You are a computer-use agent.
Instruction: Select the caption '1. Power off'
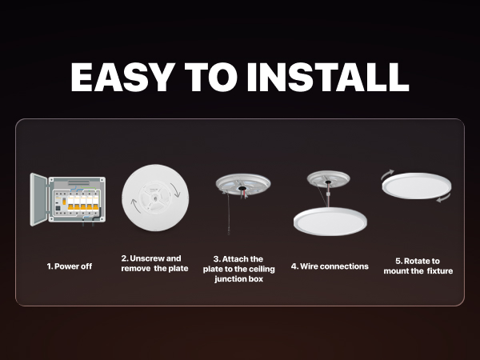69,266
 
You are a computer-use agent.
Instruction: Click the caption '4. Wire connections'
330,266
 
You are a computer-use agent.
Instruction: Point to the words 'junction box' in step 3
238,279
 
